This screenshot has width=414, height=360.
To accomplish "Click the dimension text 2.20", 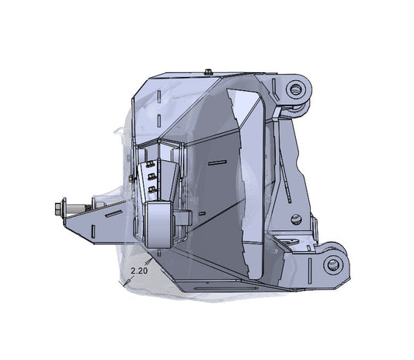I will tap(140, 271).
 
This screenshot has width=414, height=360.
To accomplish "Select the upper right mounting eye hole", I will tap(295, 89).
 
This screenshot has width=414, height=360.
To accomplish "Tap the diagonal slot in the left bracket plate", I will tap(113, 212).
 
